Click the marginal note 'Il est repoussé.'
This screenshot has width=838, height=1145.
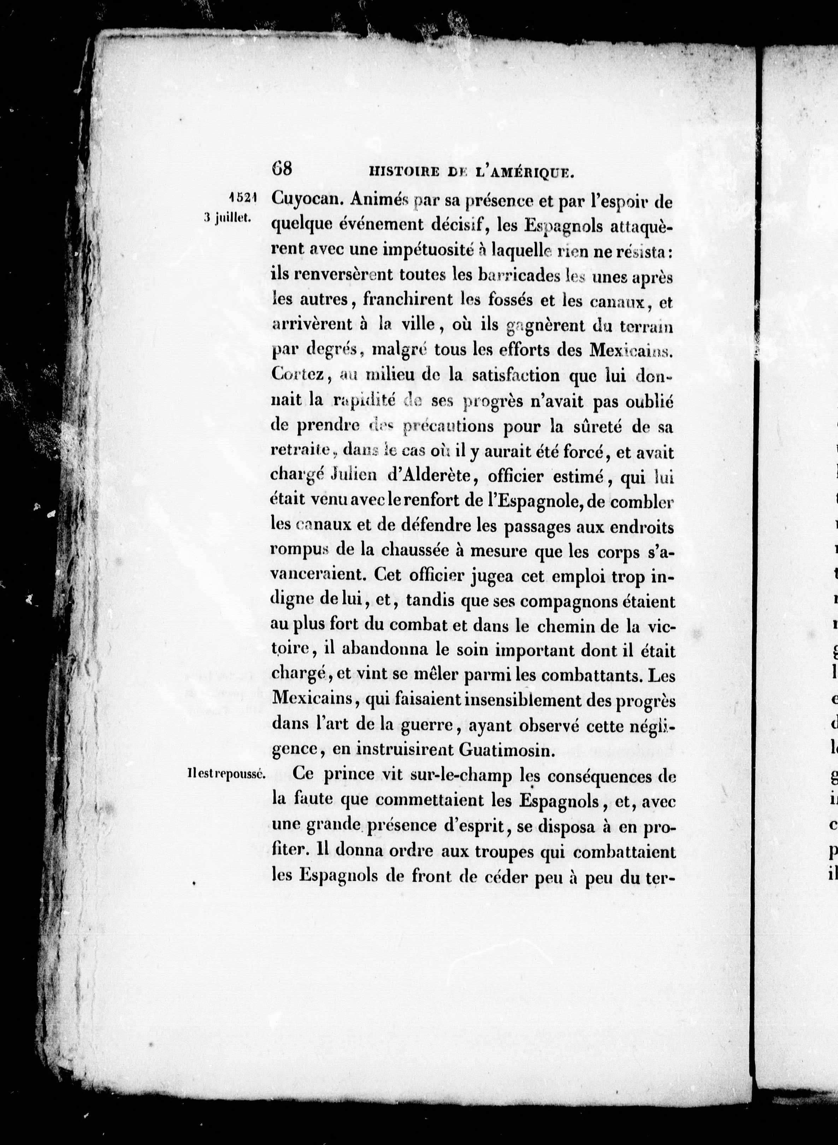point(226,775)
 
